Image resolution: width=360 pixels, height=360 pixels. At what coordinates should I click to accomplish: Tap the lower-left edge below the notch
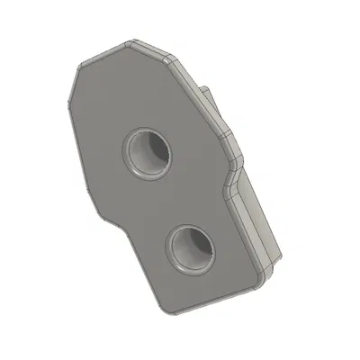click(x=141, y=265)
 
